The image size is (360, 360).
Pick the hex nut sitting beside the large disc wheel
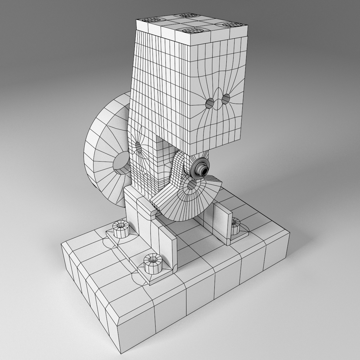[121, 228]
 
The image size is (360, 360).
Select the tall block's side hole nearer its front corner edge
[210, 103]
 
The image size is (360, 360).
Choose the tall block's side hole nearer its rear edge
[226, 98]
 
